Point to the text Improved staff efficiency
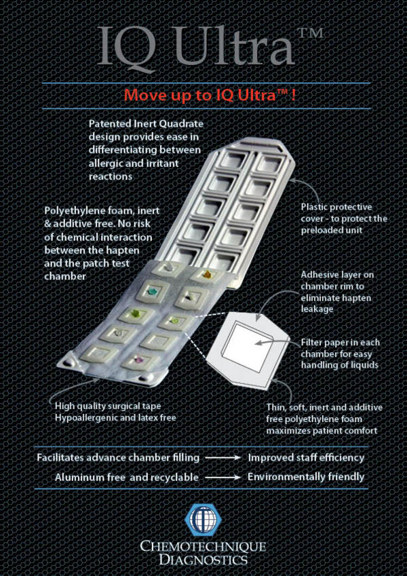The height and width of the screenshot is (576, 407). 306,457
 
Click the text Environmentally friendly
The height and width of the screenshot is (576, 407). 306,477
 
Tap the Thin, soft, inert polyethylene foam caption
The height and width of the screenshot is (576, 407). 326,417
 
